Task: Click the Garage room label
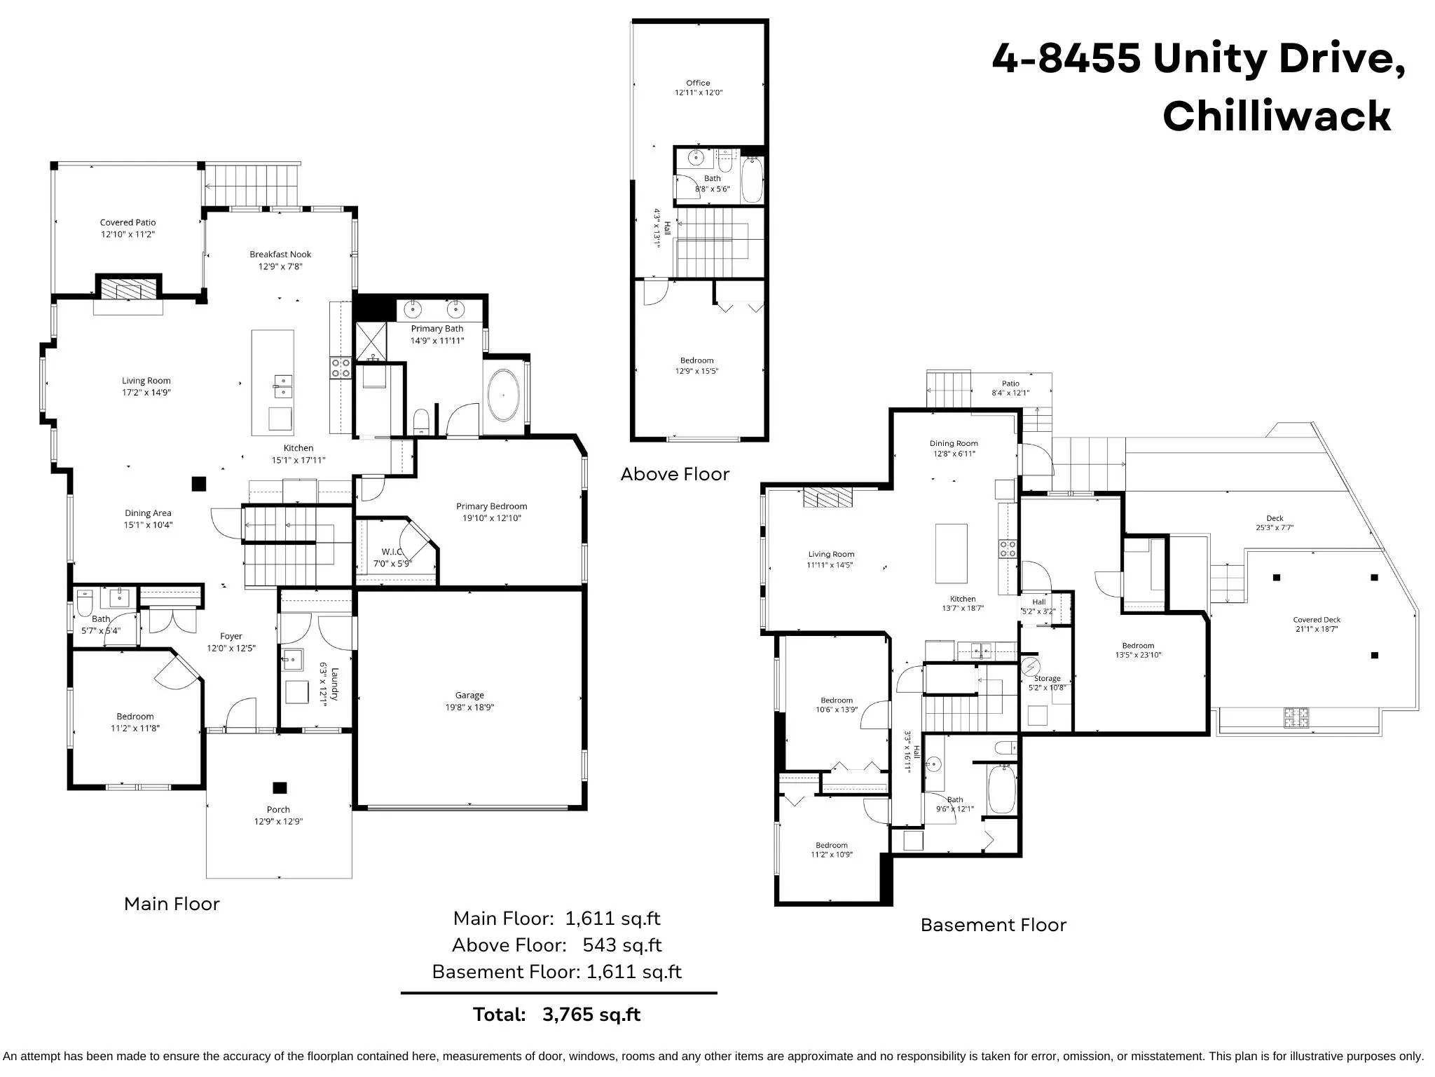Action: point(469,695)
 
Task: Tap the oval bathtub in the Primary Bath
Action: point(503,395)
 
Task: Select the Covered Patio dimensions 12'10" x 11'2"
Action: point(128,234)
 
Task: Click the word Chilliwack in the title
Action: point(1276,116)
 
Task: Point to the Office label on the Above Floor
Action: point(698,83)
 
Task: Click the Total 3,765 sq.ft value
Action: point(591,1015)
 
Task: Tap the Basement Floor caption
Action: point(993,925)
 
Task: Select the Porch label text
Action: point(278,809)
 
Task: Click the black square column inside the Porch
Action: point(280,787)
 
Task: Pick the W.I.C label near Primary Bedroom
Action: point(392,552)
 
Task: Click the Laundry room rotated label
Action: point(335,684)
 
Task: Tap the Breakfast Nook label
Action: point(280,255)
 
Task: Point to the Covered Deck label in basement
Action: point(1317,620)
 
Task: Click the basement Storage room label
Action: point(1047,678)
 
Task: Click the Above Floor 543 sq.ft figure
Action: point(622,945)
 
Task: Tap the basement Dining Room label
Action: point(954,443)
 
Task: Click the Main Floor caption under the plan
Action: point(172,904)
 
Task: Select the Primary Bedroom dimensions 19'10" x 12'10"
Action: point(491,518)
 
